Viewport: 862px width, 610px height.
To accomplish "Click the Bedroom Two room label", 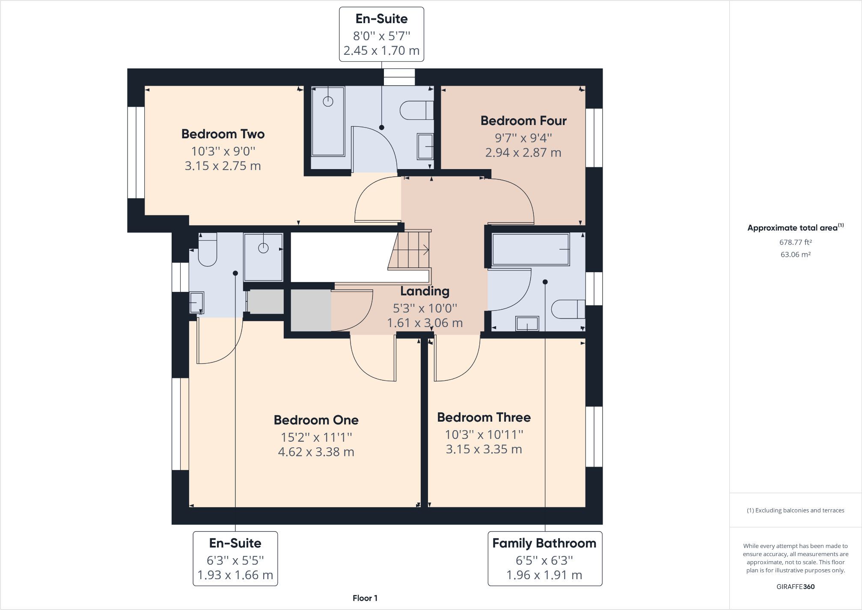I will (223, 134).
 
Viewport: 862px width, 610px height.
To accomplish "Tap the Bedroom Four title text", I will (523, 121).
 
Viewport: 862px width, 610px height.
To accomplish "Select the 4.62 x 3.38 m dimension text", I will (316, 452).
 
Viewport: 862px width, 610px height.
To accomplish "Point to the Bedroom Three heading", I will (484, 417).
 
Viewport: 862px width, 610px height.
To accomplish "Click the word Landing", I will (425, 291).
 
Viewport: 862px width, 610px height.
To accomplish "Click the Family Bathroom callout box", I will (544, 558).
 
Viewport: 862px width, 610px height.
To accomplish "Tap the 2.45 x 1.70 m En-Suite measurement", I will (381, 51).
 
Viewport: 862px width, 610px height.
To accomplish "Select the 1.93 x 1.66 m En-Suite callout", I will (235, 575).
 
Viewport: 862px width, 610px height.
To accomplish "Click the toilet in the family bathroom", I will (568, 309).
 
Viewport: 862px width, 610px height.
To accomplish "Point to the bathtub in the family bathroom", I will (530, 249).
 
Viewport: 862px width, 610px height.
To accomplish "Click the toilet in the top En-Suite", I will (416, 110).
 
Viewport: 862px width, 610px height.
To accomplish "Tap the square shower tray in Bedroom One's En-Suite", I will (263, 257).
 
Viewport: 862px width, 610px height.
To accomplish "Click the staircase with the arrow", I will (410, 250).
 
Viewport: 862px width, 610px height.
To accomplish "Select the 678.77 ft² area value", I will (795, 242).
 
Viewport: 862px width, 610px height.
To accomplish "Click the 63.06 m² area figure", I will (795, 255).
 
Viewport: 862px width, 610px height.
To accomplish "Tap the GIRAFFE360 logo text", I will (795, 587).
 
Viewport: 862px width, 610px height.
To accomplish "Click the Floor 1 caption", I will (365, 598).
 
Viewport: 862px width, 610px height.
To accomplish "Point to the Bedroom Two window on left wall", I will (136, 152).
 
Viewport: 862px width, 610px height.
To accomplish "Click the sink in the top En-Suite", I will (425, 146).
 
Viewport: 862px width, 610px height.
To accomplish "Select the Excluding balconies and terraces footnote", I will (795, 510).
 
